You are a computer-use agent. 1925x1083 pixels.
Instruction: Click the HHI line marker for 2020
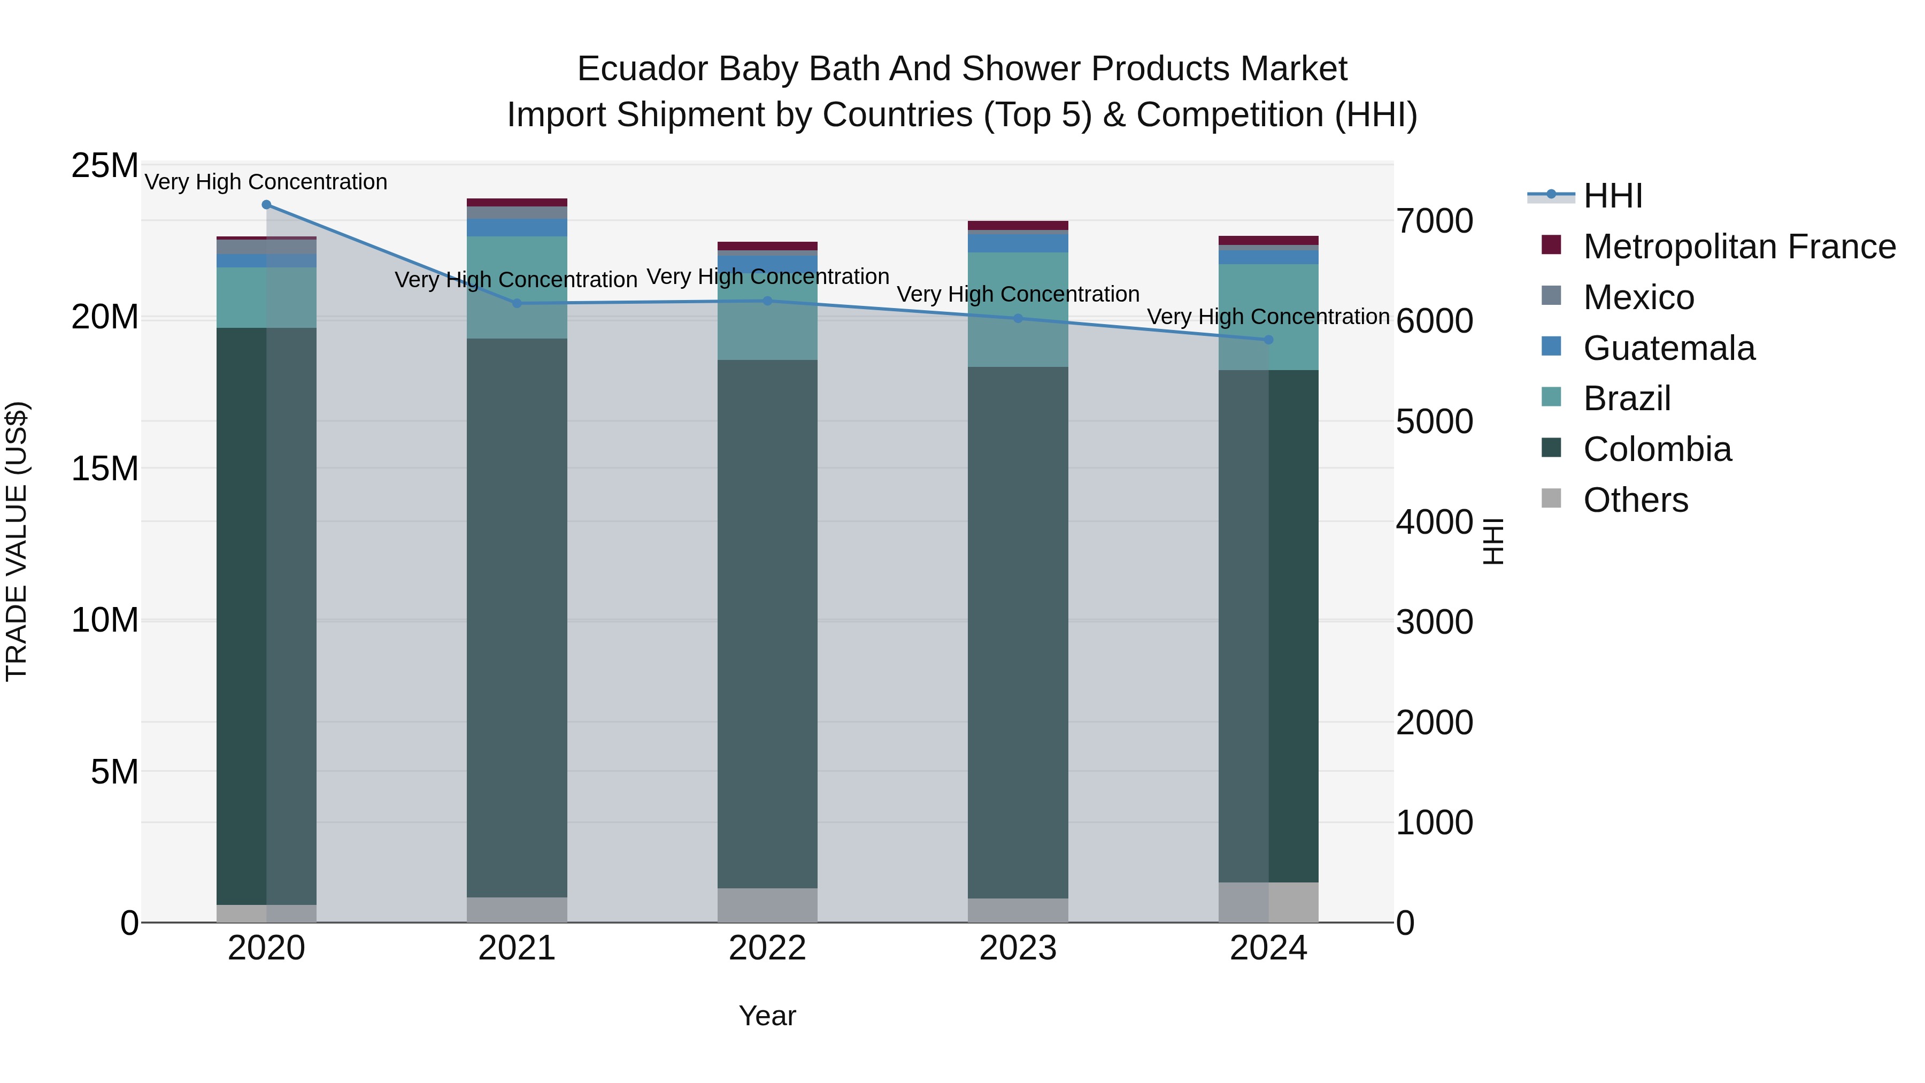pyautogui.click(x=266, y=205)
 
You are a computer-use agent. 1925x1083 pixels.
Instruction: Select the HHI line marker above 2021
pyautogui.click(x=517, y=303)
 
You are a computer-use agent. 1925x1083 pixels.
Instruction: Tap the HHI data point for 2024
pyautogui.click(x=1268, y=340)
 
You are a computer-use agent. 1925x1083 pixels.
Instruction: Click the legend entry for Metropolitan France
pyautogui.click(x=1739, y=247)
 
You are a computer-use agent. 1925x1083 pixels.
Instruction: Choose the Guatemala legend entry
pyautogui.click(x=1669, y=348)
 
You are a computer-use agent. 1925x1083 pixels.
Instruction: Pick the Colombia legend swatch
pyautogui.click(x=1551, y=449)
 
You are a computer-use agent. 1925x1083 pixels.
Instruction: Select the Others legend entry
pyautogui.click(x=1635, y=500)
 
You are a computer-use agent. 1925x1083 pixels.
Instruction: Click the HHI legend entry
pyautogui.click(x=1613, y=196)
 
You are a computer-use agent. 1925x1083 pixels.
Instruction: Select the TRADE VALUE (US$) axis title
pyautogui.click(x=17, y=541)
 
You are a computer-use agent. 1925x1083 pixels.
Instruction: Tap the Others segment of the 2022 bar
pyautogui.click(x=767, y=905)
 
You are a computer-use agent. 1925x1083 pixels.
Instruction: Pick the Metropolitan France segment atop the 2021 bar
pyautogui.click(x=517, y=203)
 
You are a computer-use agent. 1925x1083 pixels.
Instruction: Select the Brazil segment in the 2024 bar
pyautogui.click(x=1268, y=317)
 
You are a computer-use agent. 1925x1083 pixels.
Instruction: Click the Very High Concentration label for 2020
pyautogui.click(x=266, y=182)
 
